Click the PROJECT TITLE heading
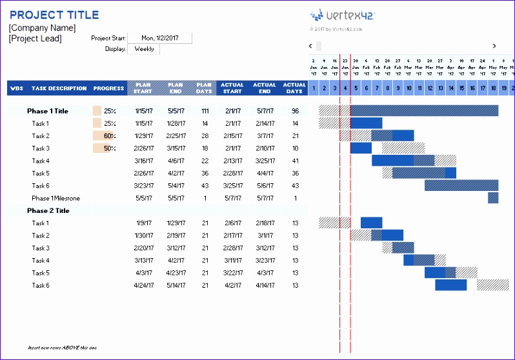tap(54, 15)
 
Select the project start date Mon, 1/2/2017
tap(159, 38)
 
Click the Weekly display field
tap(143, 49)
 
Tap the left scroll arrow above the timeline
tap(310, 46)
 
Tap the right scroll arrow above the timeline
tap(494, 46)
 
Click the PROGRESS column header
tap(108, 88)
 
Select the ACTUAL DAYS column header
tap(294, 88)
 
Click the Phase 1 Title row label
tap(48, 111)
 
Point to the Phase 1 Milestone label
tap(56, 198)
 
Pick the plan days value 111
tap(205, 111)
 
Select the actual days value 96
tap(295, 111)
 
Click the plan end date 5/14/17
tap(176, 285)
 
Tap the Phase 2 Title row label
tap(48, 210)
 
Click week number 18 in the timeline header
tap(493, 88)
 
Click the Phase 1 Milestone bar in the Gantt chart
tap(493, 198)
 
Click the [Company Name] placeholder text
tap(42, 28)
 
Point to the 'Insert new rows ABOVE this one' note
tap(62, 348)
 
